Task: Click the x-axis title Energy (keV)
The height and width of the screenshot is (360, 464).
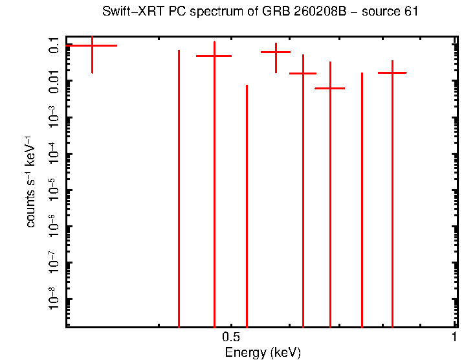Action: (x=263, y=353)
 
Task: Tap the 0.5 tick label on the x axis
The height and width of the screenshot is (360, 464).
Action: (x=231, y=337)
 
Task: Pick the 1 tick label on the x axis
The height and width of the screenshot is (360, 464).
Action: (x=455, y=337)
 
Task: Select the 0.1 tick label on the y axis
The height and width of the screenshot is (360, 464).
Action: (x=54, y=45)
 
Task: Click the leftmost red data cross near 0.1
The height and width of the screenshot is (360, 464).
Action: (x=92, y=46)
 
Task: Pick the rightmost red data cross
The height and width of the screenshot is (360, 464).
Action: (x=392, y=73)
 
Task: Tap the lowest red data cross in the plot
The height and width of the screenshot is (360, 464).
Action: (x=330, y=88)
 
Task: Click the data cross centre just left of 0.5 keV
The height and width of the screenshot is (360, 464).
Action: (x=214, y=56)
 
